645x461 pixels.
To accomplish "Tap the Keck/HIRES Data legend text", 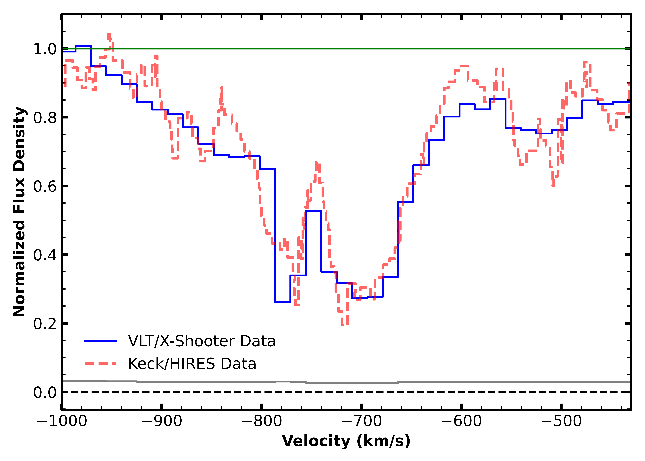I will click(x=192, y=364).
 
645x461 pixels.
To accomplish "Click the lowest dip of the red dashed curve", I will click(x=345, y=325).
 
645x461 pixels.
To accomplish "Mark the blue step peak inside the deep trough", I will click(x=313, y=211).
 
